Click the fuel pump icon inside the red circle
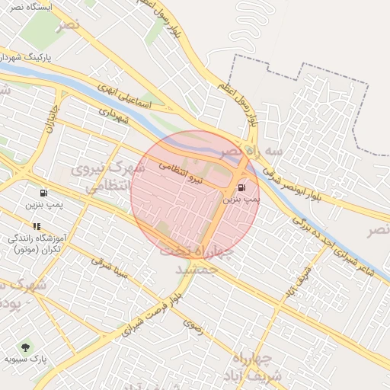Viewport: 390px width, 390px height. tap(242, 187)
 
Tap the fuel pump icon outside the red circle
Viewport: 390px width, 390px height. tap(43, 192)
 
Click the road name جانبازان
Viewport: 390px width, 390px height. tap(53, 118)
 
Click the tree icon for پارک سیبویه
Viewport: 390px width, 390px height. tap(26, 347)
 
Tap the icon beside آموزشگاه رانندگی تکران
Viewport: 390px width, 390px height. tap(37, 226)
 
